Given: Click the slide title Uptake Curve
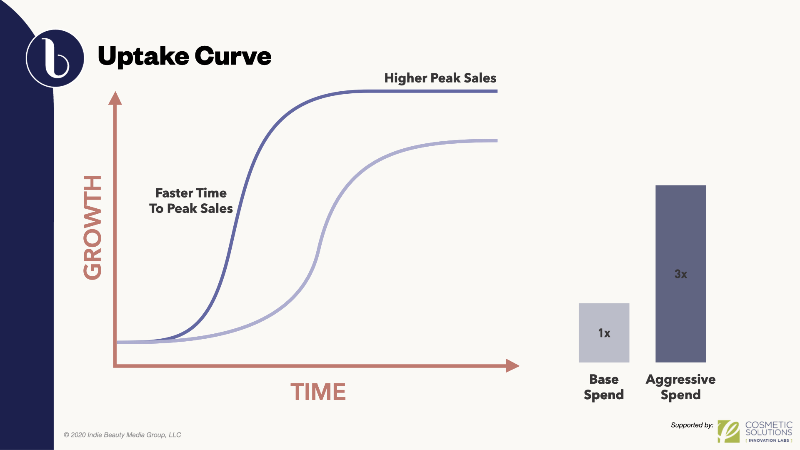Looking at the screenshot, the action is coord(184,56).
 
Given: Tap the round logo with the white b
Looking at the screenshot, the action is coord(55,58).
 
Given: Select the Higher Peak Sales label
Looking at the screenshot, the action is coord(440,78).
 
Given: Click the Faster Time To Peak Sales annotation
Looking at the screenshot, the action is coord(191,200).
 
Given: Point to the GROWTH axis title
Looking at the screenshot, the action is coord(92,227).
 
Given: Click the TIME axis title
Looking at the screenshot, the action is coord(318,392).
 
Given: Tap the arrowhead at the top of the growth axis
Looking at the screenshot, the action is coord(115,98).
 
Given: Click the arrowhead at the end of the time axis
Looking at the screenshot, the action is coord(512,366).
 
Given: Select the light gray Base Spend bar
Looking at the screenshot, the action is coord(604,333).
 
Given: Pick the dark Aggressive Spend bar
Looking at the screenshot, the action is coord(681,274).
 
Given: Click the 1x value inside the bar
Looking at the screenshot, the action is coord(604,333).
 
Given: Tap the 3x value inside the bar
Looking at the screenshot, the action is coord(681,274).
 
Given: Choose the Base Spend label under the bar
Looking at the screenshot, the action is coord(604,387).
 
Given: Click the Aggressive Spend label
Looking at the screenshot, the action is coord(681,387).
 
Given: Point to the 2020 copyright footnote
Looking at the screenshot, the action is coord(122,435).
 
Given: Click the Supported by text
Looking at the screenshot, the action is coord(692,425).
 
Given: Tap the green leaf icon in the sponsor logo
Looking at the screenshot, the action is coord(729,431).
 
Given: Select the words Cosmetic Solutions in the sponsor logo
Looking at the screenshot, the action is coord(769,428).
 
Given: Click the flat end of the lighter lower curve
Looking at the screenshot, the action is coord(497,141).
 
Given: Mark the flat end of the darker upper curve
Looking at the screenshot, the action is coord(497,91).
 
